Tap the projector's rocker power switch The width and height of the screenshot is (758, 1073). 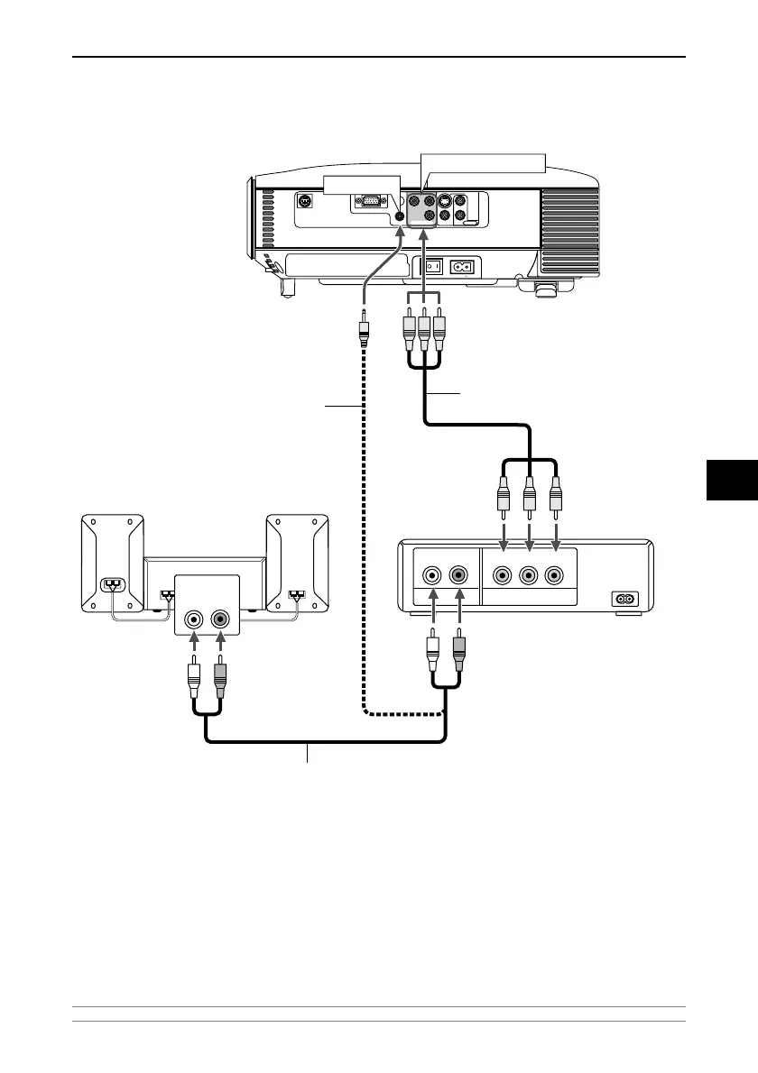click(x=433, y=267)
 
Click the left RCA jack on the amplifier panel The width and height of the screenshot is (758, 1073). click(x=193, y=620)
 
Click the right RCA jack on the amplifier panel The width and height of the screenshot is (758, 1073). click(x=221, y=620)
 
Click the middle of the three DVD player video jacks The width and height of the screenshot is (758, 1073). click(x=530, y=573)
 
